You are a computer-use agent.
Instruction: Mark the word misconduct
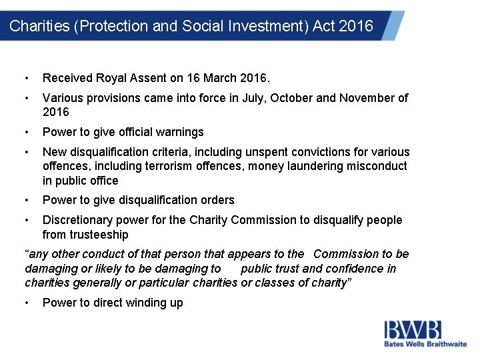click(x=377, y=166)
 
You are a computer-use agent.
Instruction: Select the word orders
click(x=217, y=200)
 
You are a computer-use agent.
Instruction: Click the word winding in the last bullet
click(x=141, y=303)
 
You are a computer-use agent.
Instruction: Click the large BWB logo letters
click(x=412, y=329)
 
